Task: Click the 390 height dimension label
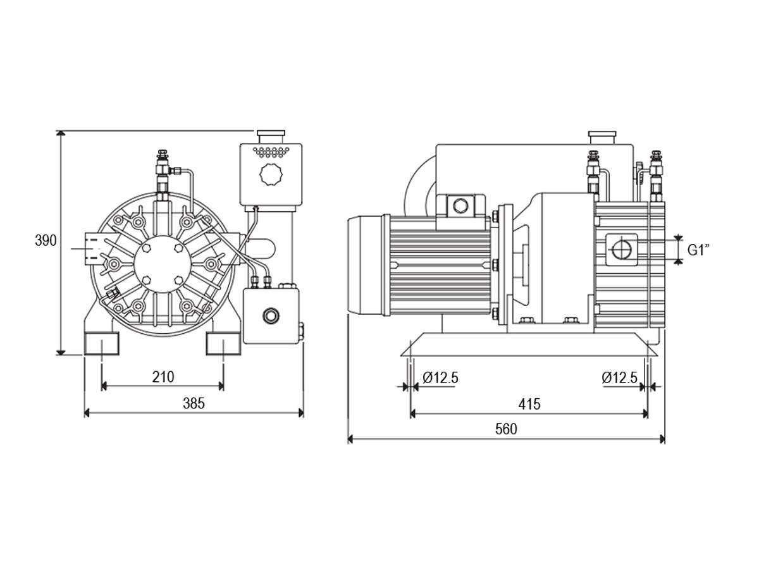46,240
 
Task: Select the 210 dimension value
163,377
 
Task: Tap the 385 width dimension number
194,403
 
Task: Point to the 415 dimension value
529,405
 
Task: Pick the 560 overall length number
506,429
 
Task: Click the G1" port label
698,250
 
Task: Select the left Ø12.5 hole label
440,378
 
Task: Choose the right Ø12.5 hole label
619,378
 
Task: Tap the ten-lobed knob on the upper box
271,174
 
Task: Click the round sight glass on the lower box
271,315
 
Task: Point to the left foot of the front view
102,343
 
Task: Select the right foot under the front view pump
223,343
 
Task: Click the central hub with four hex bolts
163,264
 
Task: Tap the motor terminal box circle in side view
460,206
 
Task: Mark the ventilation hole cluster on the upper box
271,152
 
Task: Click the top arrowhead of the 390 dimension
61,133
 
